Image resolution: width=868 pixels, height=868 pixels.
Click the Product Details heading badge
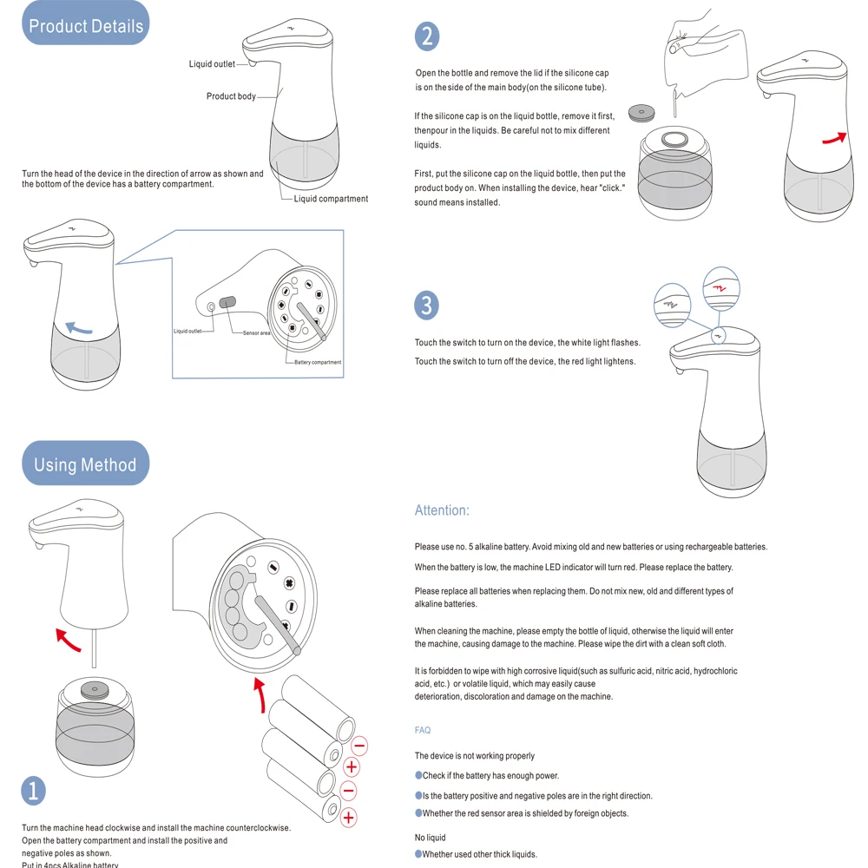[85, 25]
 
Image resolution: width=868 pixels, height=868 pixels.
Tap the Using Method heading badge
[85, 464]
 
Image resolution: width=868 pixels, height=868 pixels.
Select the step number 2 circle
[426, 36]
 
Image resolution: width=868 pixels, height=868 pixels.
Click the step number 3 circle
[426, 306]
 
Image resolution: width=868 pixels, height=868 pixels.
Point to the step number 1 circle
[33, 791]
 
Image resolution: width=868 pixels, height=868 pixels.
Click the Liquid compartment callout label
[331, 199]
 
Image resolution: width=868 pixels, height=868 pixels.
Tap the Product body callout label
[231, 96]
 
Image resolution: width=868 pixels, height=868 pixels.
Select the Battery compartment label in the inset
[318, 362]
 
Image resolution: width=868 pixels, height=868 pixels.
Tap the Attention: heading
[442, 510]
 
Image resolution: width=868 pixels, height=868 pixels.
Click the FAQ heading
[423, 731]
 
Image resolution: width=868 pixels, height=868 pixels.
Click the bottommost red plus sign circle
[349, 817]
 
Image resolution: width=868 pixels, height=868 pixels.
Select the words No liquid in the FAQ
[431, 838]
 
